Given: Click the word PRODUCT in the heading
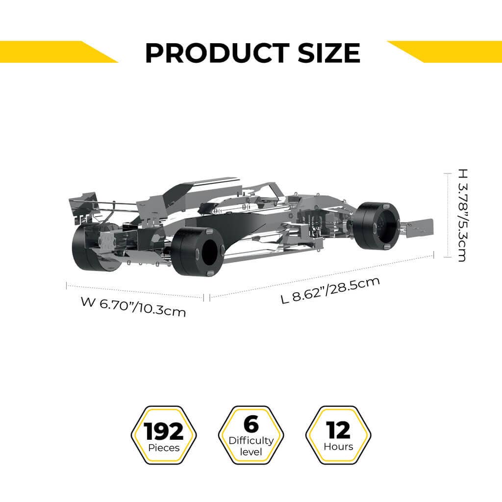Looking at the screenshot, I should [x=217, y=53].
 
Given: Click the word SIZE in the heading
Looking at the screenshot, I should [x=327, y=53].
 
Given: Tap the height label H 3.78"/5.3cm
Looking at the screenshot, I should [x=462, y=215].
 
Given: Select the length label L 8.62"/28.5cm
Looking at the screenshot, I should [x=331, y=290].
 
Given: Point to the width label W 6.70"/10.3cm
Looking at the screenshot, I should [x=133, y=307].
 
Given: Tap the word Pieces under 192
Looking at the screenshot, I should [x=164, y=448].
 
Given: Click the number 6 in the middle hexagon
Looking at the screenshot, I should [x=251, y=425].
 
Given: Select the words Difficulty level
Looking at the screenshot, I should [x=251, y=446].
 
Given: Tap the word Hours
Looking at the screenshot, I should [x=338, y=447].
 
